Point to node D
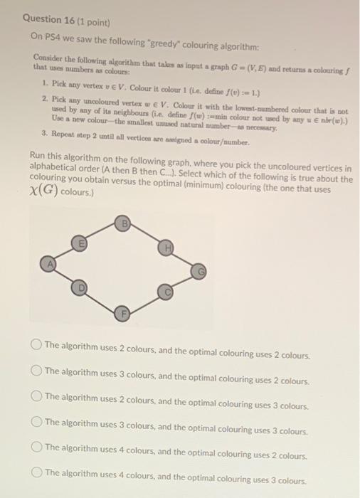pos(80,288)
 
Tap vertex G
pos(201,271)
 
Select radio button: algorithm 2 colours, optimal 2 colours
pos(36,345)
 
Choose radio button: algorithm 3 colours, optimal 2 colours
pos(36,371)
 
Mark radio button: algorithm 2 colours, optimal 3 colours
pos(36,396)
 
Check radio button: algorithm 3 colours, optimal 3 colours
pos(36,421)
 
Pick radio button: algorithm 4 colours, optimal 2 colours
pos(36,447)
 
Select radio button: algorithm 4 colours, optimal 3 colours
pos(36,472)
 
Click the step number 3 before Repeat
pos(44,133)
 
